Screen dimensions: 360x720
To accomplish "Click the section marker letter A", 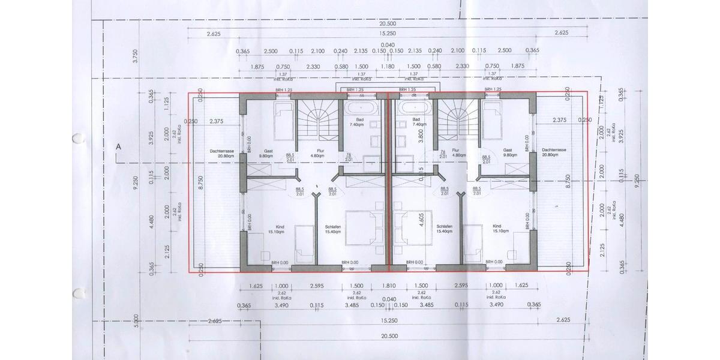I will click(x=118, y=146).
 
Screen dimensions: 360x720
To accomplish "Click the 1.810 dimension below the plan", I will click(x=388, y=286).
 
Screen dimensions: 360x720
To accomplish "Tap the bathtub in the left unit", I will click(x=361, y=109).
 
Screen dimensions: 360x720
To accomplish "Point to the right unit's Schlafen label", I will click(x=445, y=226).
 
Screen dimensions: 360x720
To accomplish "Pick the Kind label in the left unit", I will click(x=280, y=226).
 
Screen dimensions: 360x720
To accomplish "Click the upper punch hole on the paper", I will click(x=77, y=139).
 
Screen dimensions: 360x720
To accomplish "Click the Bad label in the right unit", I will click(x=416, y=119).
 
